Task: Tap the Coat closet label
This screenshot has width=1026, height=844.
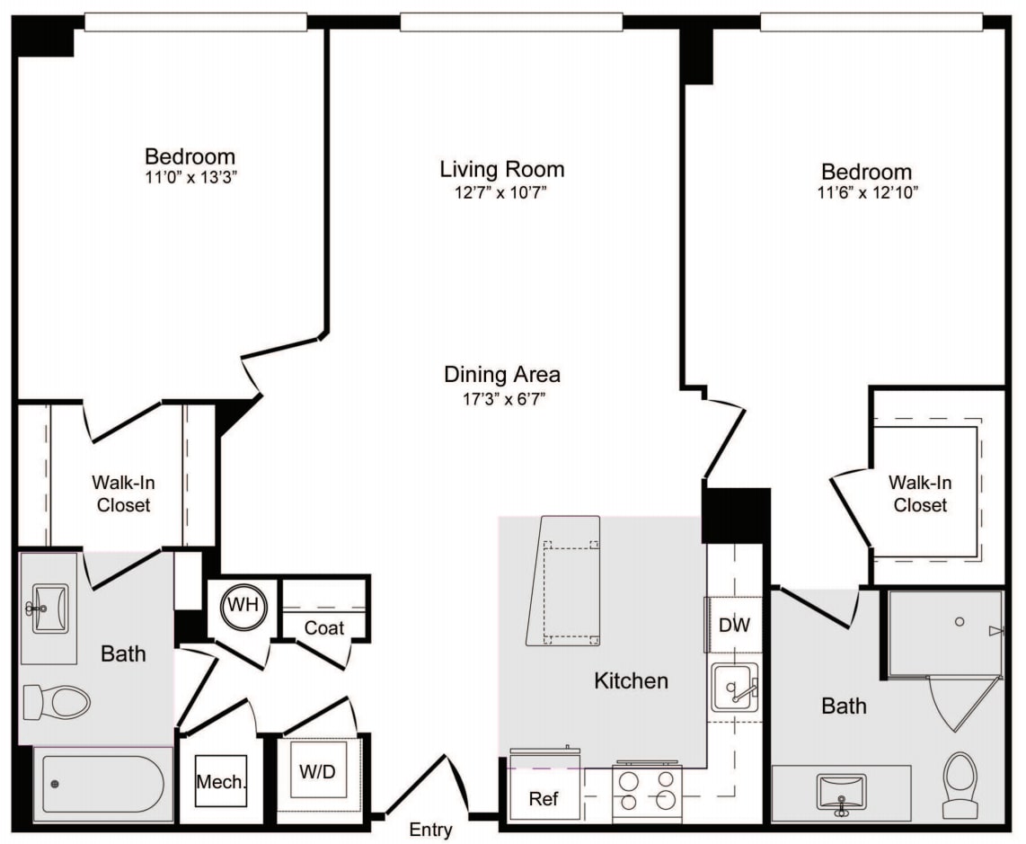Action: pyautogui.click(x=323, y=627)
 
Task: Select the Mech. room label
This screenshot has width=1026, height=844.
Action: pyautogui.click(x=221, y=782)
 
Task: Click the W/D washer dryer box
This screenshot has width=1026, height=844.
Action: pyautogui.click(x=318, y=770)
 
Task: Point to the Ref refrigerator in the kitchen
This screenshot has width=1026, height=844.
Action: pyautogui.click(x=544, y=798)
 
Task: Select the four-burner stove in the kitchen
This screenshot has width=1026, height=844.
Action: pyautogui.click(x=647, y=791)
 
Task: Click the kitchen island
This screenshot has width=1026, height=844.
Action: pyautogui.click(x=564, y=580)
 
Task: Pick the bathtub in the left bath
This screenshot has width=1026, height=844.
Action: pyautogui.click(x=103, y=784)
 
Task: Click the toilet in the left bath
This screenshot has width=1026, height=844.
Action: pyautogui.click(x=57, y=701)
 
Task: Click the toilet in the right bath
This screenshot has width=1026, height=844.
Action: pyautogui.click(x=960, y=784)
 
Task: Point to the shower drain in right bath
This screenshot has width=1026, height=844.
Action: pyautogui.click(x=960, y=621)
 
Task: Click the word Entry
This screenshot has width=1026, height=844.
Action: pyautogui.click(x=430, y=830)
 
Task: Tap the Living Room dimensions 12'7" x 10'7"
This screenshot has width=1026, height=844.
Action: pyautogui.click(x=501, y=193)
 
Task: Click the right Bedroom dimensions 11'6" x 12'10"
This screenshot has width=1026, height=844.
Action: pyautogui.click(x=866, y=193)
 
